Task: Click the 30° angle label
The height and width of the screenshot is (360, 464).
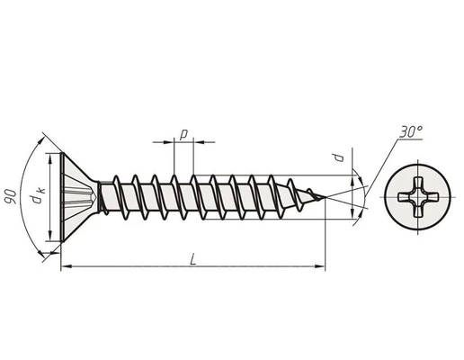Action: coord(411,131)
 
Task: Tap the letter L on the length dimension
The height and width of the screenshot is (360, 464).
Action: coord(193,259)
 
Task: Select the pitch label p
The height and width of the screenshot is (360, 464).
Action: coord(183,134)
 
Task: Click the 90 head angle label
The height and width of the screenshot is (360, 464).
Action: coord(11,196)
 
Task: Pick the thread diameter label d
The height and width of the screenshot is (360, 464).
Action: coord(339,157)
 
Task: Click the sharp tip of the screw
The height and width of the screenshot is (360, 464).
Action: coord(326,197)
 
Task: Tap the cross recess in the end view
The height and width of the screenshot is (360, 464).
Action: coord(418,197)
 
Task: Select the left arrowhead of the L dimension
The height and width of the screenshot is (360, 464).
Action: coord(67,266)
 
